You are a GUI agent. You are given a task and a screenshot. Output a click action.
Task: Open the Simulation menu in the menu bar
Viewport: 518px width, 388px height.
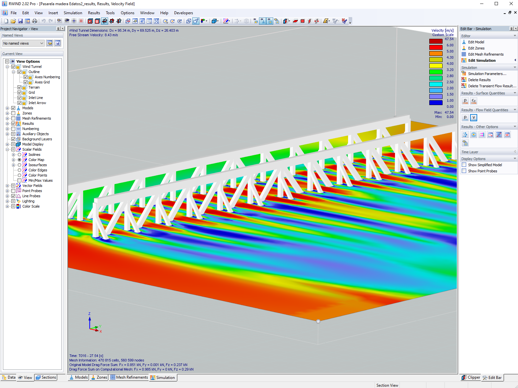coord(73,13)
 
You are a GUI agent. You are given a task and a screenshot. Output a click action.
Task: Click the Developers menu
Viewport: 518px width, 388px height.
coord(183,13)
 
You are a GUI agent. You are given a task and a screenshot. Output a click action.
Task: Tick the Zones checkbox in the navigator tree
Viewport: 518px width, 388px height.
coord(13,113)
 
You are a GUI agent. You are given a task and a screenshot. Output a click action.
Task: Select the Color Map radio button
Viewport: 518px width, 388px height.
coord(19,160)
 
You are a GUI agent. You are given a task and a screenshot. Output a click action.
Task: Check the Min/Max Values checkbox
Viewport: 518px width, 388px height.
coord(19,180)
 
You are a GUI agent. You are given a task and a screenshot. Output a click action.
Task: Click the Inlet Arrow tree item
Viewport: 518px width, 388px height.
coord(37,103)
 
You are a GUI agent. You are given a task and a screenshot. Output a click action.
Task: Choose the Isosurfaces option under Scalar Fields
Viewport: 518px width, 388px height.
coord(19,165)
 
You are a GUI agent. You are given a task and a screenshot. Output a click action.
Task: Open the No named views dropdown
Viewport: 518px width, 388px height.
coord(23,43)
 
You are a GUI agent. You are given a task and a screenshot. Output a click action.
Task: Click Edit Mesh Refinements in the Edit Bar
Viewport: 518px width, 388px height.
coord(486,54)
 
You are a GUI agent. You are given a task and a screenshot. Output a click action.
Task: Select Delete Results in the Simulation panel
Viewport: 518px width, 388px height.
coord(479,80)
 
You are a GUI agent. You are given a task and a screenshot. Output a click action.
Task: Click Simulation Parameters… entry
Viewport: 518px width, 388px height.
coord(487,74)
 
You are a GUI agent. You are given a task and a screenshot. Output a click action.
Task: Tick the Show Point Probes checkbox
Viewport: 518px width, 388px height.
coord(464,171)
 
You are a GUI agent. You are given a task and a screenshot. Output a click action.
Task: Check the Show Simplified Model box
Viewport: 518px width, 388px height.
coord(464,165)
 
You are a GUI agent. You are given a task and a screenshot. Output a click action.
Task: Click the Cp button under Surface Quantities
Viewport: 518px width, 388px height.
coord(474,101)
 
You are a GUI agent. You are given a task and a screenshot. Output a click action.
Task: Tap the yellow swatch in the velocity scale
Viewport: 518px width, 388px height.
coord(436,66)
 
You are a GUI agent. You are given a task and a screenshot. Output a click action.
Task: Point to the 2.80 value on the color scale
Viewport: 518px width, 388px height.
coord(450,76)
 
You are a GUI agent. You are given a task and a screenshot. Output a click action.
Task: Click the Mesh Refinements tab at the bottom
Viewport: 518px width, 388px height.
coord(129,377)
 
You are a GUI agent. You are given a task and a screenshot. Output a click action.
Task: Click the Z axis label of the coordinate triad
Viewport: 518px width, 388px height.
coord(89,314)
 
